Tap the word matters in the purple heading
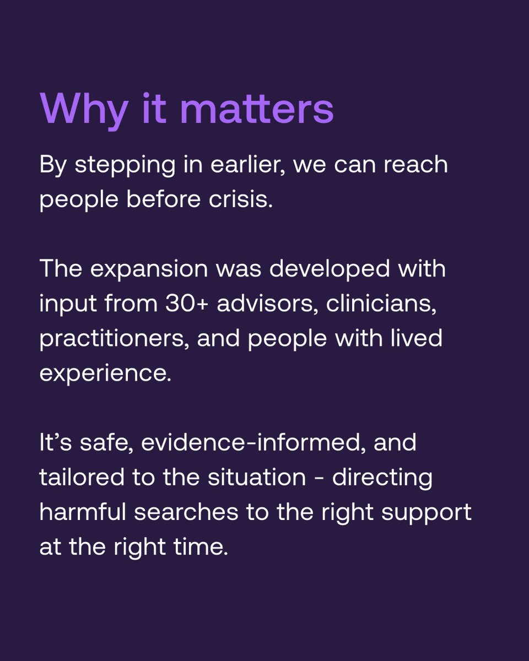point(257,109)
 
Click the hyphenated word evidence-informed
point(253,443)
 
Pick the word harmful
point(83,512)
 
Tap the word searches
point(186,512)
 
